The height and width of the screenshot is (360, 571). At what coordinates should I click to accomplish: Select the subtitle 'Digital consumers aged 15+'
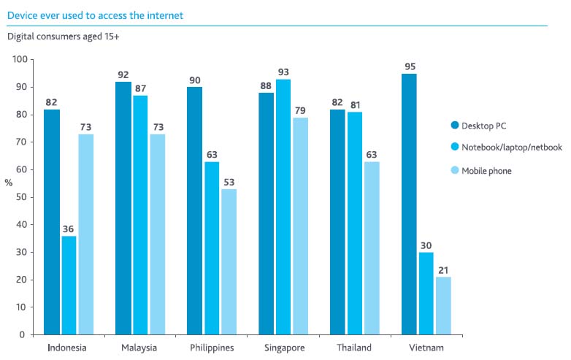(x=64, y=35)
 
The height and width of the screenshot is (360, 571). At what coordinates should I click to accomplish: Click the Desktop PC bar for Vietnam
(x=409, y=204)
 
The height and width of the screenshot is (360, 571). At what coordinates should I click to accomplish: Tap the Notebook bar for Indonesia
(x=69, y=285)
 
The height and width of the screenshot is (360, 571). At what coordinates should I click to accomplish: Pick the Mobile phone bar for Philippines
(x=229, y=261)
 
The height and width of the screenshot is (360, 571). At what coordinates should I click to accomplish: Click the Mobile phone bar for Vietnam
(x=443, y=305)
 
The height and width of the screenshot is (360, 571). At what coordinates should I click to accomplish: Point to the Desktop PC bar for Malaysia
(x=123, y=208)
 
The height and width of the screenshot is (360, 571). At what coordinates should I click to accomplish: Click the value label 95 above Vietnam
(x=409, y=66)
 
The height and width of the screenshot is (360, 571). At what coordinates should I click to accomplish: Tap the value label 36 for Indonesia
(x=69, y=229)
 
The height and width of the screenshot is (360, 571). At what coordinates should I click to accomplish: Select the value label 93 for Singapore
(x=283, y=72)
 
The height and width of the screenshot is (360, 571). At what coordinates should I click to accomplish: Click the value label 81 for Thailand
(x=354, y=104)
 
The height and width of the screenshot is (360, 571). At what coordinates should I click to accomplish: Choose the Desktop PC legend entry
(x=483, y=126)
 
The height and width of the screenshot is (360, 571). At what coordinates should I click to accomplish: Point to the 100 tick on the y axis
(x=20, y=60)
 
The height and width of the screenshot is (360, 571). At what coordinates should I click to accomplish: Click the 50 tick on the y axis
(x=22, y=197)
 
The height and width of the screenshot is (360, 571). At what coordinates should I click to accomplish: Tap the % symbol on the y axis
(x=9, y=183)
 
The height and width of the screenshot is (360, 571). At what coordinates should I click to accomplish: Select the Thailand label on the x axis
(x=354, y=348)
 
